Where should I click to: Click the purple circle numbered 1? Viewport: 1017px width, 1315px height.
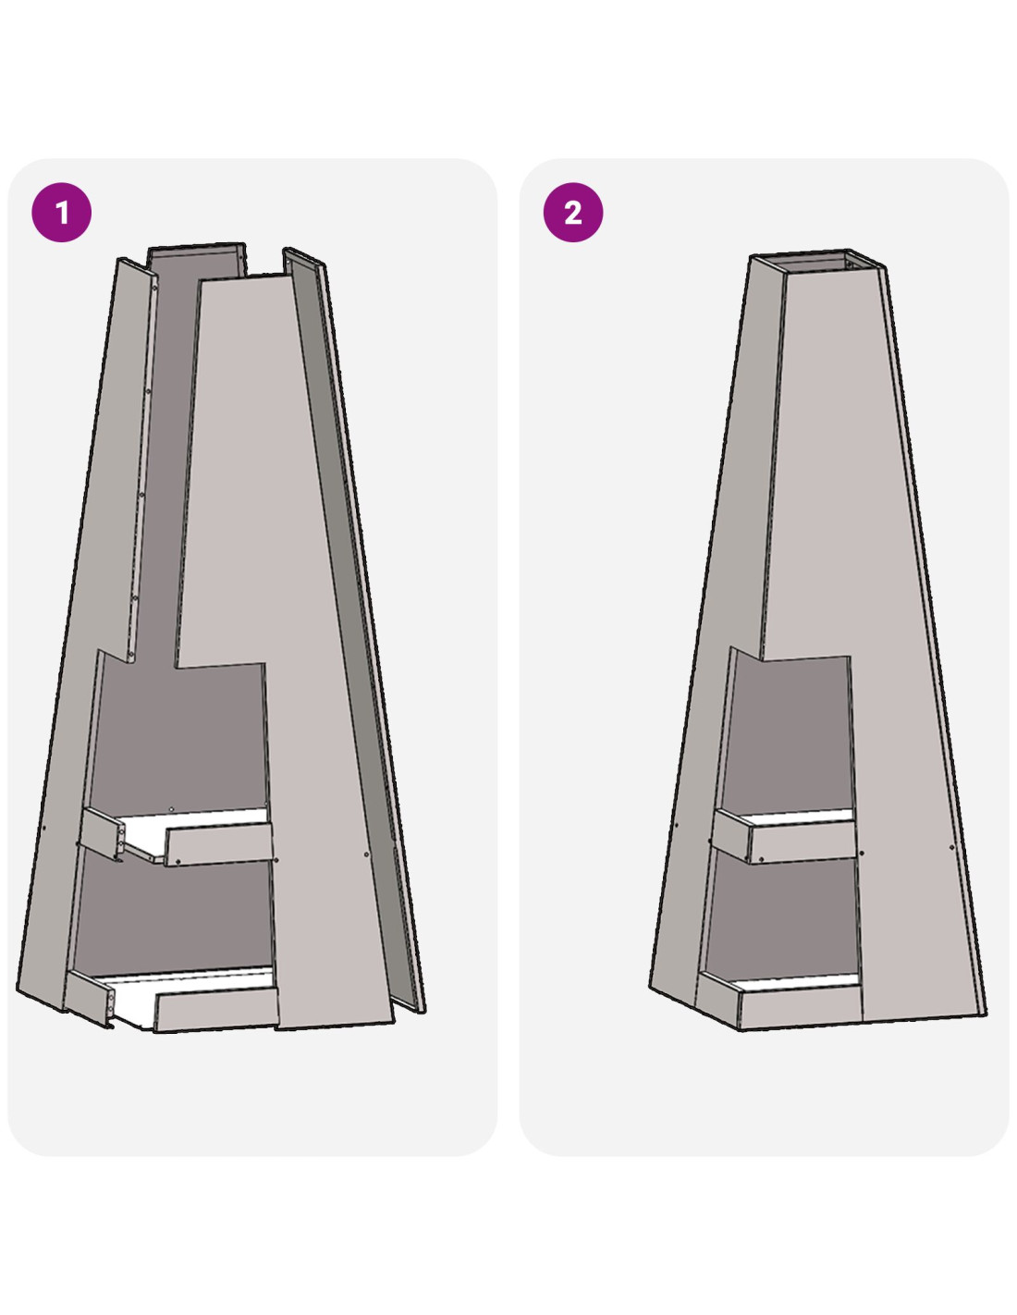[x=61, y=213]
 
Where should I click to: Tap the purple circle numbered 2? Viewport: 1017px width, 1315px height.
[x=572, y=213]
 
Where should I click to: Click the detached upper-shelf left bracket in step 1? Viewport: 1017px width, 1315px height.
[x=103, y=833]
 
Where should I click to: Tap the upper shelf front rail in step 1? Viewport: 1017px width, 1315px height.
[x=219, y=844]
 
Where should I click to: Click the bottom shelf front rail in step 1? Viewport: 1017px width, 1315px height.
[x=216, y=1009]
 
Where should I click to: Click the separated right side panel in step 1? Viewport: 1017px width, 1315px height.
[x=354, y=630]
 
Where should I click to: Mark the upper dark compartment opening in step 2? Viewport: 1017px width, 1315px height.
[x=787, y=733]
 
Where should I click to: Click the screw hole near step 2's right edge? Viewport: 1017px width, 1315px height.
[x=951, y=848]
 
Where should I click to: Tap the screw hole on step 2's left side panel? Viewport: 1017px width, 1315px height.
[x=676, y=824]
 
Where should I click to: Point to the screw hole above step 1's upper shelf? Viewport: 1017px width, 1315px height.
[x=171, y=808]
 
